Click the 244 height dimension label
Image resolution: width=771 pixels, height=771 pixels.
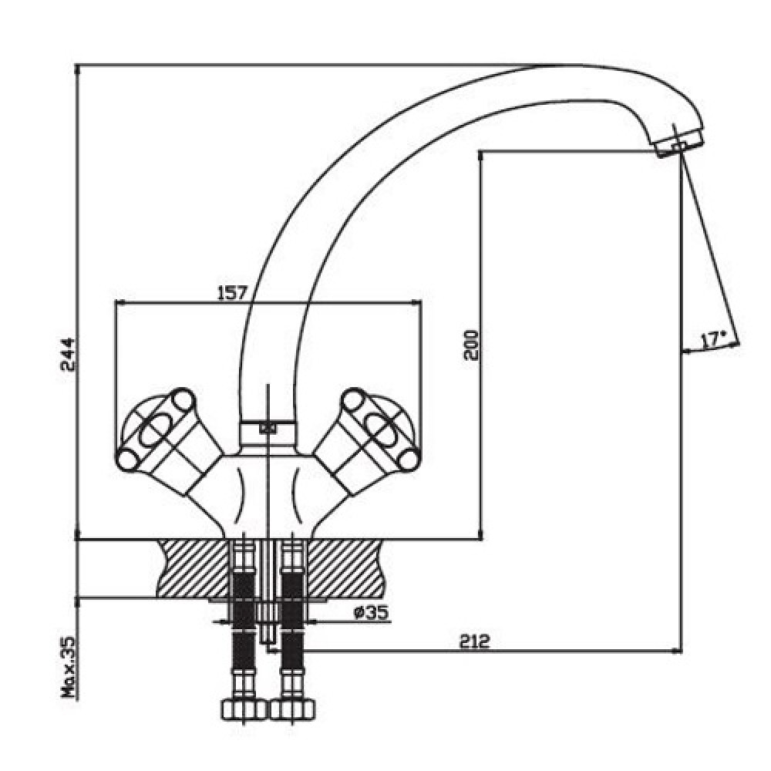(67, 355)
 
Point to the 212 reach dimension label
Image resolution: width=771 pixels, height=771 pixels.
(475, 641)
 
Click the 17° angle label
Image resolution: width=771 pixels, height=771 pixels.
(713, 340)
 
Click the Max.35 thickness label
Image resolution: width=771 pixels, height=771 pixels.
(69, 667)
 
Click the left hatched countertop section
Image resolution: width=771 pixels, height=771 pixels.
(193, 568)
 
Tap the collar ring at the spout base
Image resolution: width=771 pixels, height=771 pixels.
(268, 432)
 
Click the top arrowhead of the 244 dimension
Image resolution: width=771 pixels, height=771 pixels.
(77, 70)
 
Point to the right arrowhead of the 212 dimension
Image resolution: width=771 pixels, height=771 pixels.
(677, 652)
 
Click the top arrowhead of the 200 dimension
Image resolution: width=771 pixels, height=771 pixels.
(481, 157)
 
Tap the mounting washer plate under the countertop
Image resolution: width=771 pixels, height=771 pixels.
(268, 601)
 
